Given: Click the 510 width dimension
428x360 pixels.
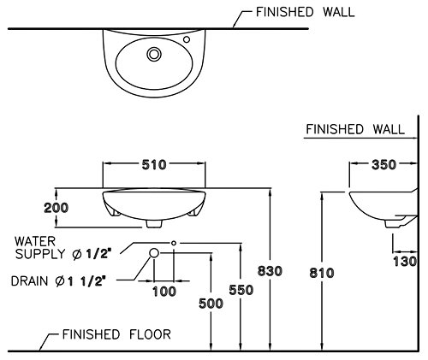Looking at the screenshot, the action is pyautogui.click(x=154, y=165).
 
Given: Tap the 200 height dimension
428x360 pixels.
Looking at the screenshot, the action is pyautogui.click(x=56, y=208).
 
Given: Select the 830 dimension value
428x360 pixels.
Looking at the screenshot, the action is pyautogui.click(x=270, y=271).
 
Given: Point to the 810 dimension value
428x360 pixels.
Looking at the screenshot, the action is pyautogui.click(x=322, y=273).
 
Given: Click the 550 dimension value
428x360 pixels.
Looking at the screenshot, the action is pyautogui.click(x=241, y=290).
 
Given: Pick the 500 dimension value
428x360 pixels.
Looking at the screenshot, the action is pyautogui.click(x=211, y=304).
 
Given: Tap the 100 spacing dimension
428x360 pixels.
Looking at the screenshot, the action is pyautogui.click(x=164, y=292).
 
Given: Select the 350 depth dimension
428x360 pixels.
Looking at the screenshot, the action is pyautogui.click(x=384, y=165).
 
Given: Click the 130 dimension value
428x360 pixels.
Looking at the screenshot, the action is pyautogui.click(x=405, y=262).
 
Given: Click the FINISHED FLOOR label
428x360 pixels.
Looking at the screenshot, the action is pyautogui.click(x=116, y=334).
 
